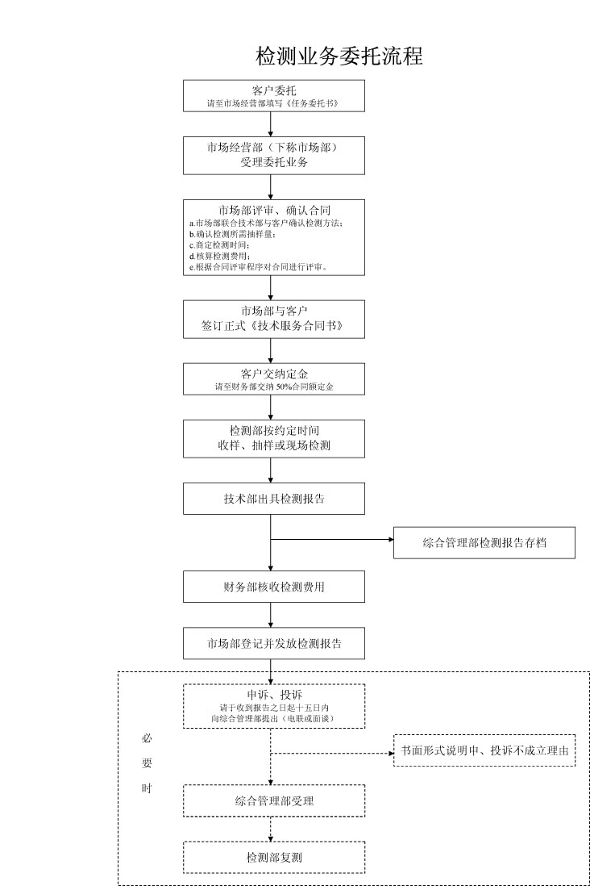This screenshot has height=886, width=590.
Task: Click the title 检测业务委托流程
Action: pyautogui.click(x=339, y=57)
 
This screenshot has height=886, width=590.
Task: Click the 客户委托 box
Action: pyautogui.click(x=274, y=95)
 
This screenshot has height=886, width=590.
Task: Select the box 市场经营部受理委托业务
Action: pyautogui.click(x=274, y=155)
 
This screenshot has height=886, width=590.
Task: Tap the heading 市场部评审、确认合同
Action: pyautogui.click(x=274, y=211)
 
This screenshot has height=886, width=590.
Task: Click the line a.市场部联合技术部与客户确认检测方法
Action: pyautogui.click(x=267, y=224)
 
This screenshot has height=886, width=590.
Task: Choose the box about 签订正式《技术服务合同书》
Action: pyautogui.click(x=274, y=319)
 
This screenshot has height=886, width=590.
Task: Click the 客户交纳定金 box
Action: pyautogui.click(x=274, y=379)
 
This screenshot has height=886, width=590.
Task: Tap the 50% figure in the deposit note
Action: pyautogui.click(x=284, y=387)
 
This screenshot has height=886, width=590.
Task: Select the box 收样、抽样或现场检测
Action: pyautogui.click(x=274, y=438)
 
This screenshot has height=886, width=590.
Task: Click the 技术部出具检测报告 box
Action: pyautogui.click(x=274, y=499)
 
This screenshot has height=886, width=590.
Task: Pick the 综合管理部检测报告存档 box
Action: pyautogui.click(x=484, y=543)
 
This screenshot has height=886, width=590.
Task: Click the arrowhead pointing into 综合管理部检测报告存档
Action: pyautogui.click(x=389, y=539)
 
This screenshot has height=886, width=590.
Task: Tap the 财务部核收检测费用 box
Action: pyautogui.click(x=274, y=587)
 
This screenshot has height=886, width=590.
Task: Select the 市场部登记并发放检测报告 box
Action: pyautogui.click(x=274, y=644)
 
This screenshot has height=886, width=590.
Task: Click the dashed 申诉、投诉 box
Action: pyautogui.click(x=274, y=706)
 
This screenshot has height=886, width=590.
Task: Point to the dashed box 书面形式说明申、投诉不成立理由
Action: pyautogui.click(x=484, y=751)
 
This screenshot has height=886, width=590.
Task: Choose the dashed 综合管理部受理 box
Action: pyautogui.click(x=274, y=800)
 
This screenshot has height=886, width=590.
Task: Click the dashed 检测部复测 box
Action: pyautogui.click(x=274, y=857)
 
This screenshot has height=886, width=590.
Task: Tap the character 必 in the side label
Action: pyautogui.click(x=147, y=738)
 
